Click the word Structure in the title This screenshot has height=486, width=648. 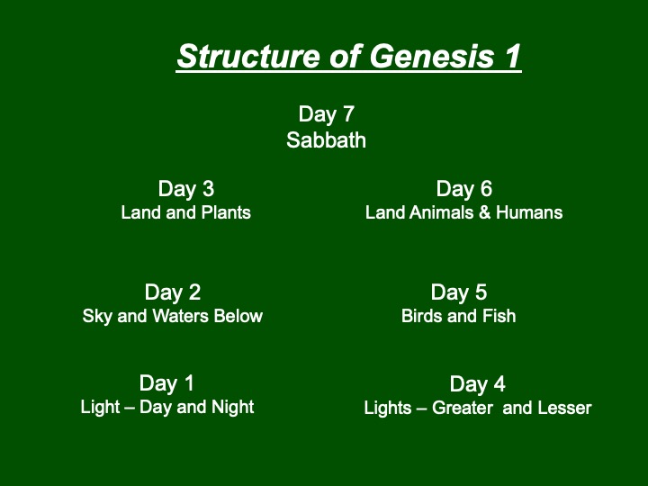coord(248,56)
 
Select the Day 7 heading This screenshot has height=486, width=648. coord(327,115)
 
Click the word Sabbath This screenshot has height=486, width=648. coord(326,140)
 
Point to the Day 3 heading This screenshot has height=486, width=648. coord(186,189)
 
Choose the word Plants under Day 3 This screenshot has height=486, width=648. coord(226,212)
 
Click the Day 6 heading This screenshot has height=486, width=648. coord(464,189)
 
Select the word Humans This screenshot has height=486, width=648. coord(529,212)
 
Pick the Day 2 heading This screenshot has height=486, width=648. coord(173,292)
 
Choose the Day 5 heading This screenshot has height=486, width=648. coord(459,292)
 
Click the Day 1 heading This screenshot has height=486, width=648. coord(166,383)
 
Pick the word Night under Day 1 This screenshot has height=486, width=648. coord(233,407)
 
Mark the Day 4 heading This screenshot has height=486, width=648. coord(477,384)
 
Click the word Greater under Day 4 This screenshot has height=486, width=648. coord(463,409)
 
